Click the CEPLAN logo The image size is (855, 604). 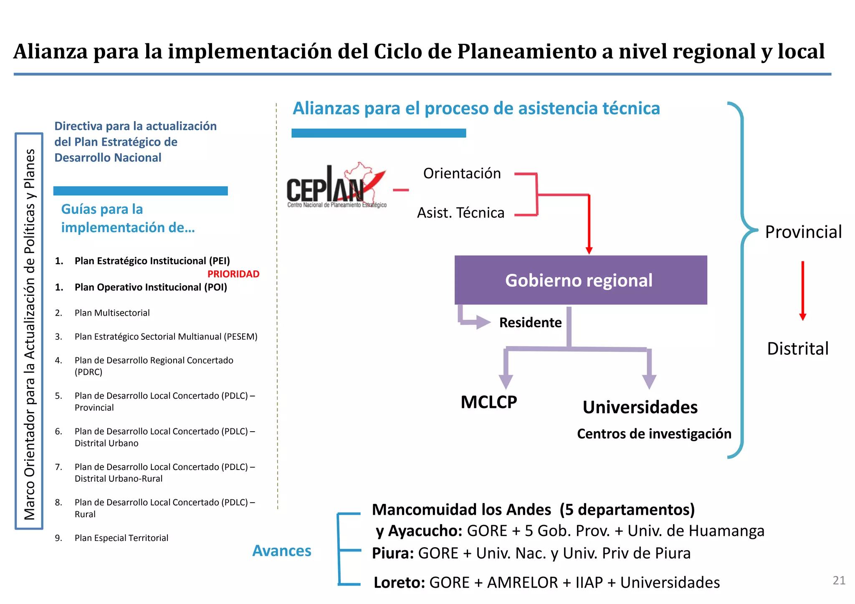click(x=336, y=186)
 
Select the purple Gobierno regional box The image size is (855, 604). click(x=580, y=280)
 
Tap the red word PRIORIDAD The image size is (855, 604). click(x=233, y=274)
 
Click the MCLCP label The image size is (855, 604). click(x=488, y=402)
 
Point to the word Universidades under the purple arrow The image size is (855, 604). click(x=640, y=407)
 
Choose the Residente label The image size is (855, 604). click(x=530, y=322)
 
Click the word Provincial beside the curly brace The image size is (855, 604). click(x=803, y=232)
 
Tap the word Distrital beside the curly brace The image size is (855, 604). click(x=797, y=349)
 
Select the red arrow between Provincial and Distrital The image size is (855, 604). click(x=802, y=291)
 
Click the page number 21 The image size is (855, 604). click(x=839, y=580)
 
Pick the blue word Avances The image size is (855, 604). click(x=282, y=551)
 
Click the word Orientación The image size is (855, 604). click(x=462, y=173)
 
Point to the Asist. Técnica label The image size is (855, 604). click(x=460, y=213)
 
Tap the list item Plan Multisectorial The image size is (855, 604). click(x=112, y=313)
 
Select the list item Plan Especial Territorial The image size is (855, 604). click(x=121, y=538)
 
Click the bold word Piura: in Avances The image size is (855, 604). click(x=393, y=553)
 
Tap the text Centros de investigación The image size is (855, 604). click(x=654, y=434)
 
